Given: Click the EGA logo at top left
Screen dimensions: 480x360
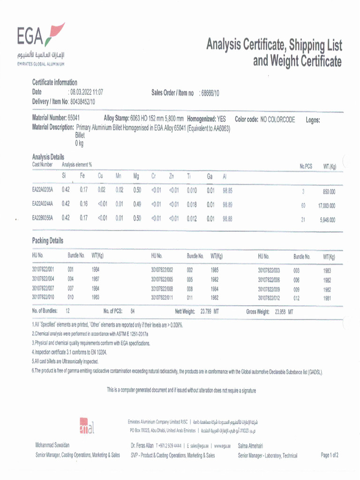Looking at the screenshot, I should click(x=40, y=45).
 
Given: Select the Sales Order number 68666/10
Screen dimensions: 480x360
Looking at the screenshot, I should click(x=210, y=93).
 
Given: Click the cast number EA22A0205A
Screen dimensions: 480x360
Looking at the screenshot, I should click(x=43, y=190).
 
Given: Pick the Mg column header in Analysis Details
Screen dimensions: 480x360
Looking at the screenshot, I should click(x=136, y=176).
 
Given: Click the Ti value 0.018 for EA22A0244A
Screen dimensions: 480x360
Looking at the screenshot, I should click(x=192, y=204).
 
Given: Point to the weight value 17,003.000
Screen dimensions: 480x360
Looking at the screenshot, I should click(x=327, y=205).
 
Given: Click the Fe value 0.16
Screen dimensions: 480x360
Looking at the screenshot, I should click(x=83, y=204).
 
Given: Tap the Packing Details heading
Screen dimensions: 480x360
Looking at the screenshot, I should click(x=47, y=240).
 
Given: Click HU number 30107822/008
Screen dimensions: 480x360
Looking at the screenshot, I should click(x=162, y=289).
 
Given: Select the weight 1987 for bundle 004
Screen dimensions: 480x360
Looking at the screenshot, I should click(x=96, y=279).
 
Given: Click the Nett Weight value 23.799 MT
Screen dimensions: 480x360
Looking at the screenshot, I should click(x=210, y=311).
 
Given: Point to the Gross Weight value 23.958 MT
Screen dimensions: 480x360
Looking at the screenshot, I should click(x=284, y=312).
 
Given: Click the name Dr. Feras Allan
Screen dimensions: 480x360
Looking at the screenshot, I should click(x=142, y=445).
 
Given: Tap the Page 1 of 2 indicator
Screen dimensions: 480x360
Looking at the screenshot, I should click(x=330, y=455).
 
